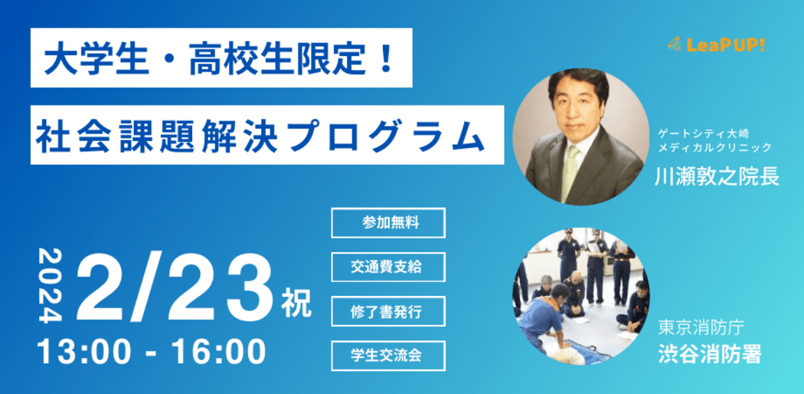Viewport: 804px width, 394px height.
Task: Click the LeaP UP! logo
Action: pos(716,46)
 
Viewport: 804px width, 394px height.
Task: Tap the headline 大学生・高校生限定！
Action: pos(220,59)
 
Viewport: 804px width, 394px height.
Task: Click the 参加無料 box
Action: pos(388,222)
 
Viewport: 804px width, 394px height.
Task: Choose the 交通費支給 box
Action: pos(388,267)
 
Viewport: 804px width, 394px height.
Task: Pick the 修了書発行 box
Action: pos(388,311)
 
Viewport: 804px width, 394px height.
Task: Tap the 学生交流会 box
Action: pos(388,356)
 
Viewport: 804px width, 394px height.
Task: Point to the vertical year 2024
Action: pos(51,285)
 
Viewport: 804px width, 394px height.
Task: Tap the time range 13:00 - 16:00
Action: pos(152,352)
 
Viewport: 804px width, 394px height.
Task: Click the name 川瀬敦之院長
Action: pos(717,176)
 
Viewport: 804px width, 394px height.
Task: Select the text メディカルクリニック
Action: pos(714,148)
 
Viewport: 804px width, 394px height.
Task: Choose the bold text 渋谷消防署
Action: pos(710,353)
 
